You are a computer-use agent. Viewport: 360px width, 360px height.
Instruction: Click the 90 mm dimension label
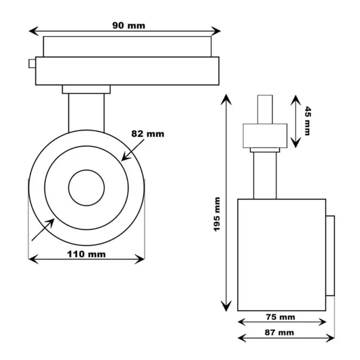[x=129, y=25]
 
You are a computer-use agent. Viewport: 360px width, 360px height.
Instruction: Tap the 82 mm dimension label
[x=148, y=134]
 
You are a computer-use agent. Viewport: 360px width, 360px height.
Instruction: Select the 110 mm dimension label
[x=86, y=254]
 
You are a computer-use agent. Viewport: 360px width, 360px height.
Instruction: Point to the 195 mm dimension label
[x=217, y=214]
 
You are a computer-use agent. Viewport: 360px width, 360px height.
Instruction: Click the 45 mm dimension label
[x=308, y=121]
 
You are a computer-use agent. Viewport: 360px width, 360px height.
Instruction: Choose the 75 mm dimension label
[x=280, y=317]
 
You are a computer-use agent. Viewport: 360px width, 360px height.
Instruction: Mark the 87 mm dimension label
[x=279, y=332]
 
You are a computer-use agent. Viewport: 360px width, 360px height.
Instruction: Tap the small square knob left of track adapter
[x=32, y=64]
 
